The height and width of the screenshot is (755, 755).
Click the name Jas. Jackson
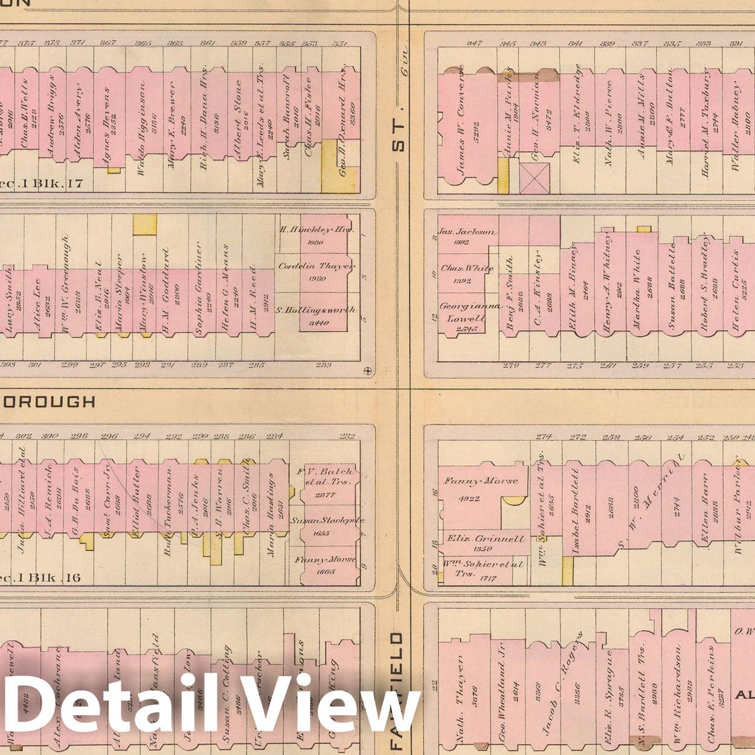click(x=467, y=232)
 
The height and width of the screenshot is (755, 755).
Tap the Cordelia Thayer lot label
click(x=317, y=266)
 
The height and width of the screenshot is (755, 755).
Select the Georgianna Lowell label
click(x=469, y=312)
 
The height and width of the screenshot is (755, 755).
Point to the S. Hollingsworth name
click(x=315, y=310)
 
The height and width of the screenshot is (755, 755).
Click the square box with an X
click(x=535, y=178)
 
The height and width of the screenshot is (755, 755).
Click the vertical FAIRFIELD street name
click(x=397, y=689)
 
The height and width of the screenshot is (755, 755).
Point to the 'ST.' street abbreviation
click(x=398, y=138)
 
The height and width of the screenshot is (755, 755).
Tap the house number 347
click(x=475, y=43)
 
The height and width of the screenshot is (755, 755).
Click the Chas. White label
click(x=467, y=268)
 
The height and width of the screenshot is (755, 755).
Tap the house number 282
click(x=347, y=436)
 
